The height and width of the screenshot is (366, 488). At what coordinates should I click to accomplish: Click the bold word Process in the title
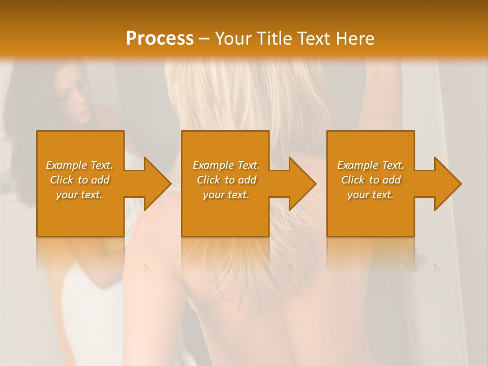coord(160,38)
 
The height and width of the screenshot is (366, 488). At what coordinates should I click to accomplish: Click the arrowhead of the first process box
coord(157,184)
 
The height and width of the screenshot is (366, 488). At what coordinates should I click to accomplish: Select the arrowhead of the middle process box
coord(302,184)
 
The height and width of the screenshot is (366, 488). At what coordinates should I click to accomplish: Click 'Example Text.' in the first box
coord(79,165)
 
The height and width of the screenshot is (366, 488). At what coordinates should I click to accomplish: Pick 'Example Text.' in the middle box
coord(226,165)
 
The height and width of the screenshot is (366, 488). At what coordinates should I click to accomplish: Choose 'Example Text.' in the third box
coord(371,165)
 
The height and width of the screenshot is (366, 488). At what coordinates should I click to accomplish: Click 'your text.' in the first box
coord(79,195)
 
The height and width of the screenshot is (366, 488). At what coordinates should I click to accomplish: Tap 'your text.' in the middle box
coord(226,195)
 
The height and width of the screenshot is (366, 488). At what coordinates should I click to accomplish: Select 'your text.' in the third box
coord(371,195)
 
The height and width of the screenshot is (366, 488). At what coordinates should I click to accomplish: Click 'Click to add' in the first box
coord(79,180)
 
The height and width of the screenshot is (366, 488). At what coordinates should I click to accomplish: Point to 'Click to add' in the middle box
coord(226,180)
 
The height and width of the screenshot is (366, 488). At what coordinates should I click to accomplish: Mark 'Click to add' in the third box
coord(371,180)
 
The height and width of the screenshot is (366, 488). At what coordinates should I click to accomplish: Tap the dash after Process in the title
coord(204,39)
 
